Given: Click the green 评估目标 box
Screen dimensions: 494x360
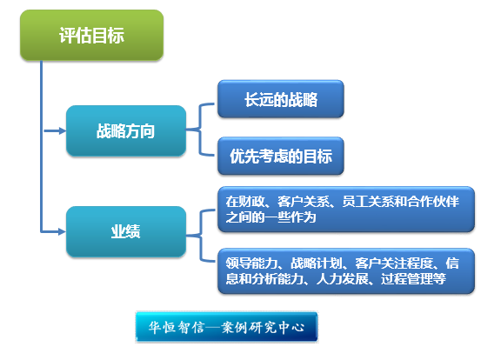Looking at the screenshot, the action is (x=91, y=35).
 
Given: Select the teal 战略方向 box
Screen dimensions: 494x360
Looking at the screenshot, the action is (x=126, y=130).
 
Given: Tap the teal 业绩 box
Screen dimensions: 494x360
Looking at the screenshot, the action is (x=126, y=231).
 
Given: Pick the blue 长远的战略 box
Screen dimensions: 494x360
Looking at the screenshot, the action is (x=281, y=99).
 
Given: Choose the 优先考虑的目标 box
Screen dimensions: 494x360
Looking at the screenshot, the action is (x=281, y=156).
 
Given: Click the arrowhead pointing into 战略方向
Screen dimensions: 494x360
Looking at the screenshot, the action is (x=63, y=130).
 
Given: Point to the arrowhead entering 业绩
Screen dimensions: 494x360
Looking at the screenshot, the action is (x=63, y=232).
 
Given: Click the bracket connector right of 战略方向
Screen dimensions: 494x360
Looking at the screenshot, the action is (x=200, y=130).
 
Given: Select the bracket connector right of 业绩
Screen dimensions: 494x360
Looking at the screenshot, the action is (x=200, y=236).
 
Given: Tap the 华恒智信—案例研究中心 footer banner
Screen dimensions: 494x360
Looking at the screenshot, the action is (x=226, y=327).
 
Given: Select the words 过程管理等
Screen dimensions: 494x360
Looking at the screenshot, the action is (x=413, y=279).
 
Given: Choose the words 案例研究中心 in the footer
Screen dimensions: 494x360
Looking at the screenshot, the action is (x=263, y=328).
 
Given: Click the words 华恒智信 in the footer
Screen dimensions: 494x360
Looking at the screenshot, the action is (x=177, y=328).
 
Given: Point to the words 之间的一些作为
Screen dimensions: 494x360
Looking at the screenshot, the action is (x=271, y=217).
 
